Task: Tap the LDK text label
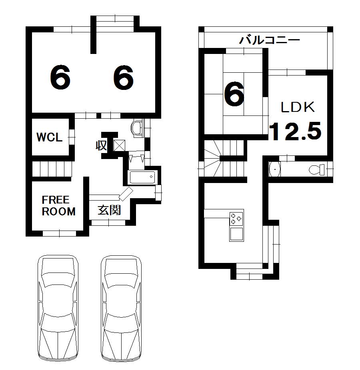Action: click(x=298, y=107)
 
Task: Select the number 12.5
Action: click(x=295, y=131)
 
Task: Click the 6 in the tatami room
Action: click(x=234, y=95)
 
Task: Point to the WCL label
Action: click(x=49, y=137)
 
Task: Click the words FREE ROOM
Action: click(x=58, y=206)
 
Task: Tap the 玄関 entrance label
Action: click(x=110, y=210)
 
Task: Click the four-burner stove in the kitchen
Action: click(x=236, y=218)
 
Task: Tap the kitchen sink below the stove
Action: click(x=236, y=234)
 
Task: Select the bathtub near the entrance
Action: click(x=142, y=177)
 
